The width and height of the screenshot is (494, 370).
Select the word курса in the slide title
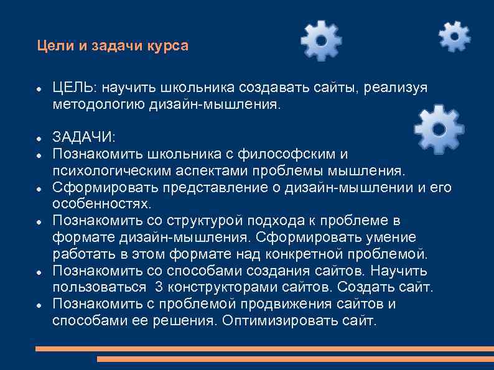point(167,46)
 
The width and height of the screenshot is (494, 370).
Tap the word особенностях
point(101,204)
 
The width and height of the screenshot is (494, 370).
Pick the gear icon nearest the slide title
point(321,40)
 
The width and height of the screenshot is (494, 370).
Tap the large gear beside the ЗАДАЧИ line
point(439,129)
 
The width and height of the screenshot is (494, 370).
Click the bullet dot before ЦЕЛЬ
point(39,90)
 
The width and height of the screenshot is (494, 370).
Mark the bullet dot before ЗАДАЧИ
point(39,137)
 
